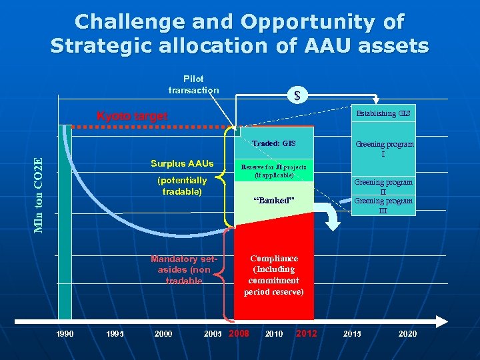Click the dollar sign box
pyautogui.click(x=297, y=96)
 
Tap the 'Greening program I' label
pyautogui.click(x=383, y=149)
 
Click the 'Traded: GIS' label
pyautogui.click(x=273, y=143)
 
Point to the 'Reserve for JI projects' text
pyautogui.click(x=273, y=170)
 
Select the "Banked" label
pyautogui.click(x=273, y=200)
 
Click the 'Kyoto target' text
pyautogui.click(x=132, y=116)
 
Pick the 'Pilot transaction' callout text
pyautogui.click(x=193, y=85)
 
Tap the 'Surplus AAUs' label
pyautogui.click(x=182, y=163)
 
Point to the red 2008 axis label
pyautogui.click(x=239, y=333)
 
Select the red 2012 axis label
pyautogui.click(x=306, y=333)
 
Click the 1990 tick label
pyautogui.click(x=65, y=333)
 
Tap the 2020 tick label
pyautogui.click(x=407, y=333)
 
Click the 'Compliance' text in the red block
pyautogui.click(x=273, y=258)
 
